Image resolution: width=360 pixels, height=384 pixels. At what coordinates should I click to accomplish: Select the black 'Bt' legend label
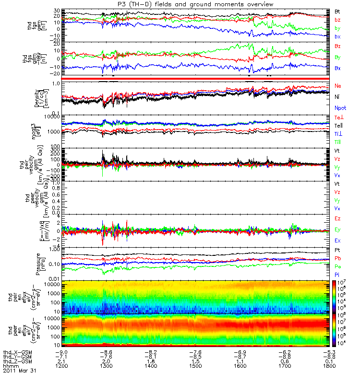pos(337,11)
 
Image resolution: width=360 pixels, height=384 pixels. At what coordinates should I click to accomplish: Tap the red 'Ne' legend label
pos(338,86)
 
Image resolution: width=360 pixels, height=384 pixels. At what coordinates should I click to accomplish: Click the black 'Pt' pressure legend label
pos(337,251)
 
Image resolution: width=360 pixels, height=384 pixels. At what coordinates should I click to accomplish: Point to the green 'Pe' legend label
pos(338,265)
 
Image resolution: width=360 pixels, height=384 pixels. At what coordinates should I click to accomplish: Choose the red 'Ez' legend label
pos(338,218)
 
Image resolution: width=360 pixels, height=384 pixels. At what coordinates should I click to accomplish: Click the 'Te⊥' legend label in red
pos(338,118)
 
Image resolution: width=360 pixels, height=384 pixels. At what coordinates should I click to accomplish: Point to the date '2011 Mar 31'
pos(20,371)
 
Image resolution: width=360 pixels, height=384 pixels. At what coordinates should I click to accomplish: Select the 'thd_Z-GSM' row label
pos(17,361)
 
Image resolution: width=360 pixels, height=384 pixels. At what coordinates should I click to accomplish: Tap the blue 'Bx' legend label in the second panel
pos(337,68)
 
